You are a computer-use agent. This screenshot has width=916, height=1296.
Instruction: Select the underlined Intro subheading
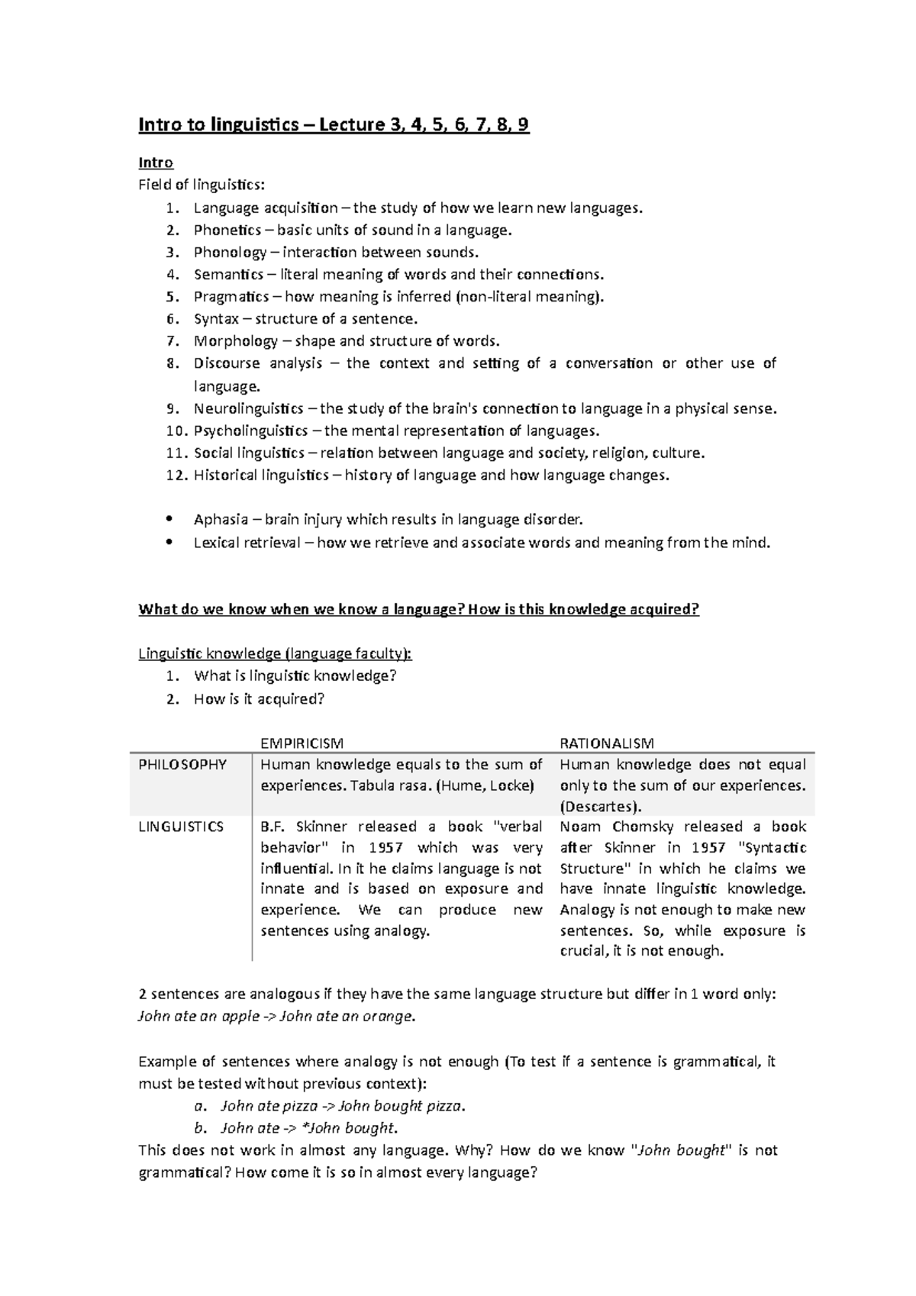(x=156, y=163)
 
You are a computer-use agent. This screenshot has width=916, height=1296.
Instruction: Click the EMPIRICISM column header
(x=302, y=743)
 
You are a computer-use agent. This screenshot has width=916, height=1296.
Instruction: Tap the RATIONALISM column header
(x=607, y=743)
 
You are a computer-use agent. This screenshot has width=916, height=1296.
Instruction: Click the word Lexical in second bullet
(x=216, y=543)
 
